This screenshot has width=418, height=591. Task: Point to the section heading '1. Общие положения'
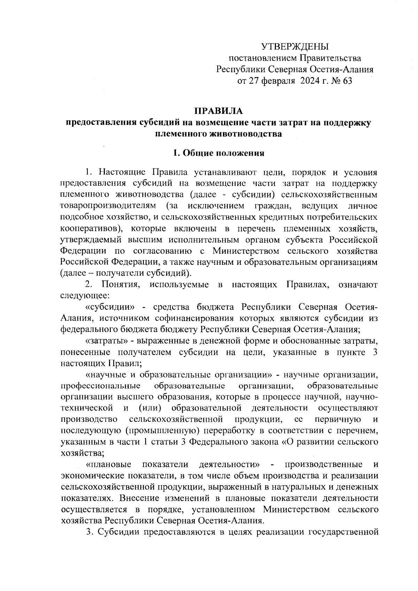click(219, 153)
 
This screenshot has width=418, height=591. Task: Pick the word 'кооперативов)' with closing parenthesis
click(89, 228)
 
